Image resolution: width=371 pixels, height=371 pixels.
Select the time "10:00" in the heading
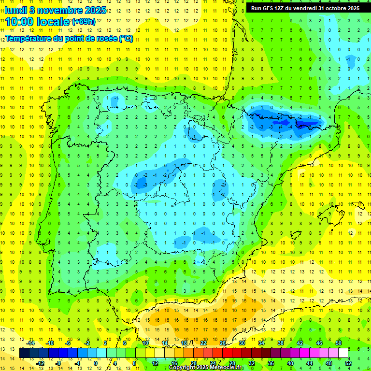21,21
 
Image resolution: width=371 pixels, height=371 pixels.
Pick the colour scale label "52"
348,363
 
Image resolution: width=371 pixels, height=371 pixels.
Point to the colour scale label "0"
95,363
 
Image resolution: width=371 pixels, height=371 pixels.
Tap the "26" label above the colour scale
223,343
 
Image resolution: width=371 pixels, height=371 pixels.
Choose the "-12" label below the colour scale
41,363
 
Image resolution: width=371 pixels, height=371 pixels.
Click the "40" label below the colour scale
290,363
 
